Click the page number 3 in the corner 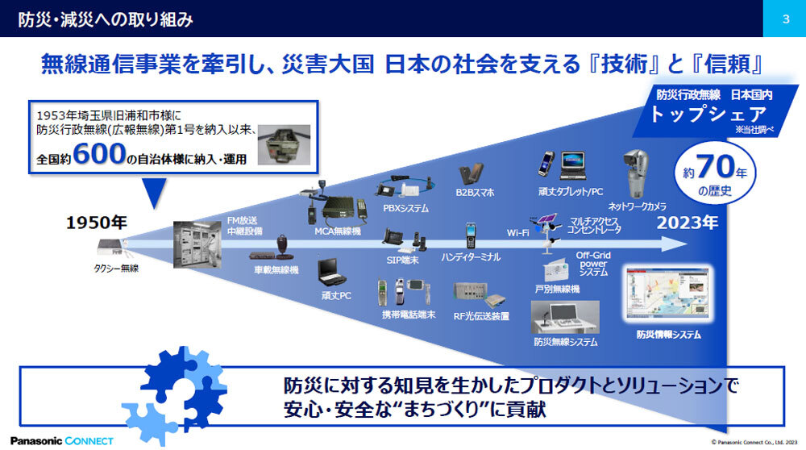point(784,19)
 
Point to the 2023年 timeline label point(688,223)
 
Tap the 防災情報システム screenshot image point(666,295)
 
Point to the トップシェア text point(709,115)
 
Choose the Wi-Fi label point(517,232)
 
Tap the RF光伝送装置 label point(480,316)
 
